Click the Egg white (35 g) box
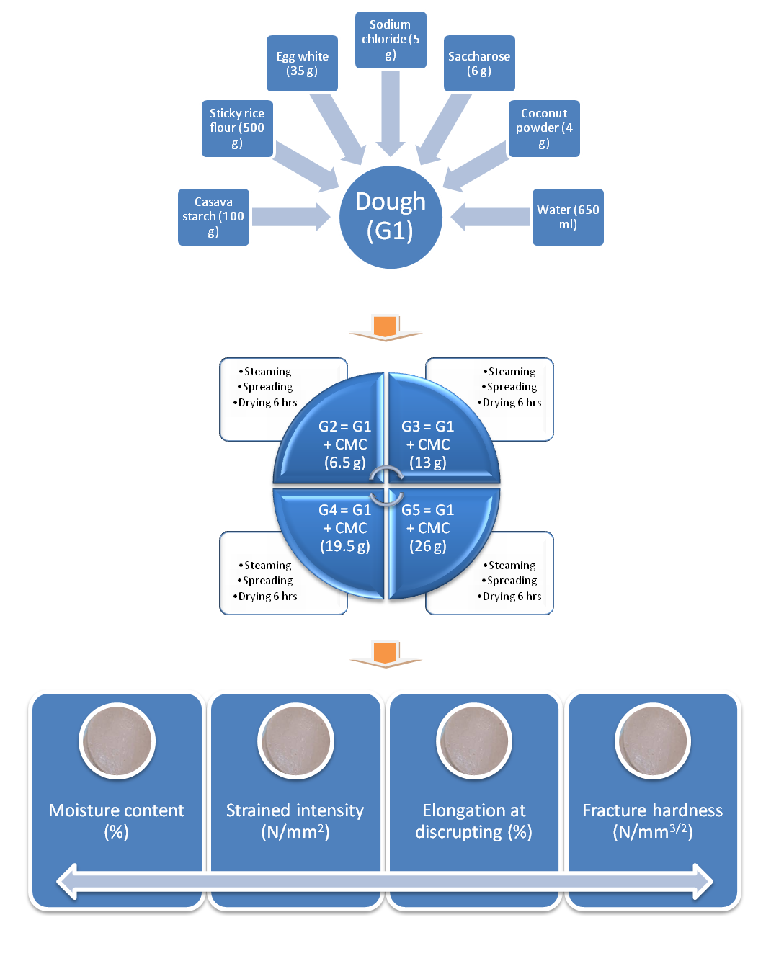point(302,63)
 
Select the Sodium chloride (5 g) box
point(391,40)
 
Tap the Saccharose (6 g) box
point(479,63)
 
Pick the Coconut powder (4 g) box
point(544,128)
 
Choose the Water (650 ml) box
point(568,218)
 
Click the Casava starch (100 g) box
point(213,218)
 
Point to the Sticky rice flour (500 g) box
point(237,128)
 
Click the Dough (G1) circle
point(391,218)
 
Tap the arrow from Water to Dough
point(490,218)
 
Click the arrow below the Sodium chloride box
point(391,114)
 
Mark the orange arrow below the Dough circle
point(386,328)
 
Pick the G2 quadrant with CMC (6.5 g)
point(335,434)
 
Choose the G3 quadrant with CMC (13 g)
point(437,434)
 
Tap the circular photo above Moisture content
point(117,741)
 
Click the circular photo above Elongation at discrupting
point(474,741)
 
